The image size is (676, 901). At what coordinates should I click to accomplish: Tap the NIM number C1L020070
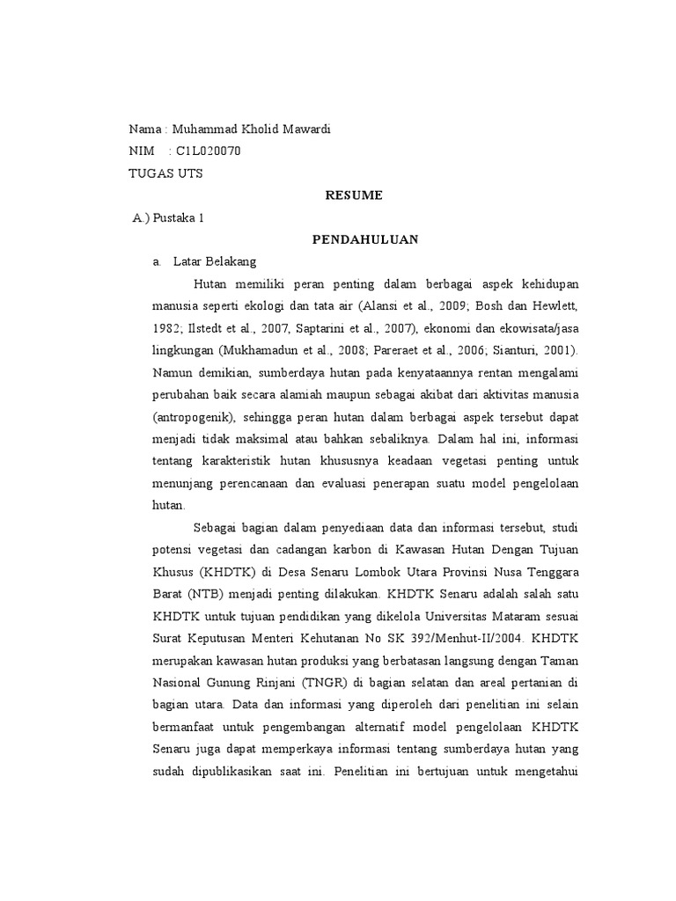coord(208,151)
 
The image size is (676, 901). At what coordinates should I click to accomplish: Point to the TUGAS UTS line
coord(165,173)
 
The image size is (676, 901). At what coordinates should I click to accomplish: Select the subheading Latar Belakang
coord(215,261)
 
